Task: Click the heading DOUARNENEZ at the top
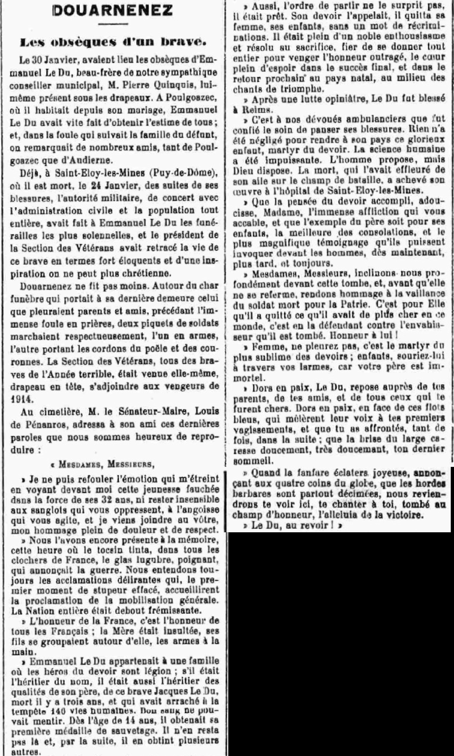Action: tap(113, 11)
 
